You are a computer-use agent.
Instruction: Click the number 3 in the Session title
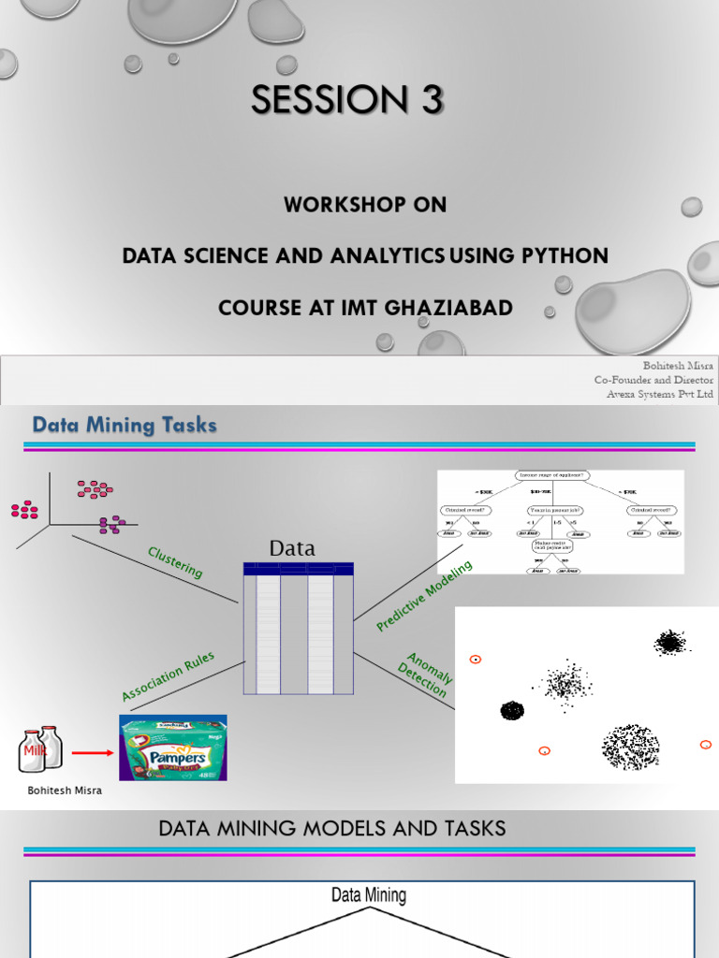(x=429, y=100)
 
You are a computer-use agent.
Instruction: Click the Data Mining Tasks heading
(x=125, y=426)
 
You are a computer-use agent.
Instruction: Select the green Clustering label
(x=175, y=563)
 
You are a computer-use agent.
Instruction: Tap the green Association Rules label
(x=169, y=676)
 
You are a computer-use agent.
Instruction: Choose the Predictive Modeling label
(x=424, y=595)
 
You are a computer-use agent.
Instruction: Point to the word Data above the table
(x=292, y=548)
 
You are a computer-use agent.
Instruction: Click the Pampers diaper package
(x=172, y=748)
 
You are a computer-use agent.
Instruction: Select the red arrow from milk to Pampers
(x=92, y=750)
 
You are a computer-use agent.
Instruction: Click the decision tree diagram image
(x=560, y=522)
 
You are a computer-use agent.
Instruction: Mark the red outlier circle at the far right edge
(x=706, y=745)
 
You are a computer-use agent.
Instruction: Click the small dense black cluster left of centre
(x=512, y=711)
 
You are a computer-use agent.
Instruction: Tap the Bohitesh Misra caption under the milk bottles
(x=65, y=791)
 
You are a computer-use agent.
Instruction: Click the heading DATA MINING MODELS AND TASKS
(x=332, y=828)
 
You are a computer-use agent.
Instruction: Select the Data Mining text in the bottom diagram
(x=369, y=895)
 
